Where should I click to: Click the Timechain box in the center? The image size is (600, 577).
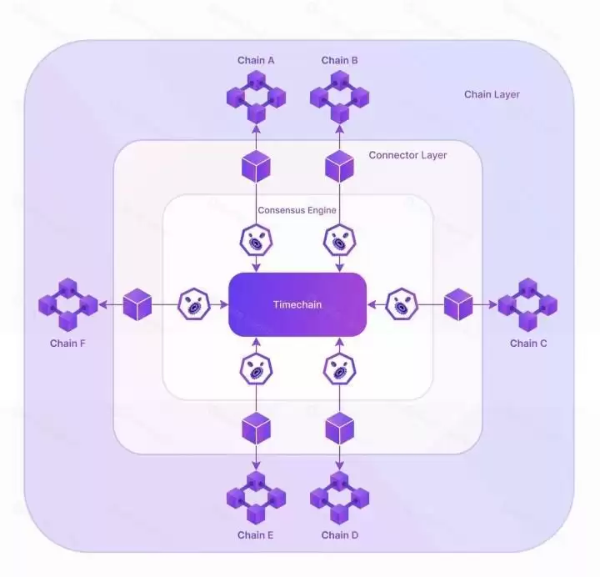[x=297, y=304]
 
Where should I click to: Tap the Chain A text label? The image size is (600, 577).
[x=256, y=60]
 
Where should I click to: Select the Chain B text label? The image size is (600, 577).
[x=340, y=60]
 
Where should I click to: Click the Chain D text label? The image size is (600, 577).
[x=340, y=534]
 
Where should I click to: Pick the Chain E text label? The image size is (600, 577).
[x=256, y=534]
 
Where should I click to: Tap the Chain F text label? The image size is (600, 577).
[x=67, y=343]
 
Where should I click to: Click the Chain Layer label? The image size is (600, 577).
[x=492, y=94]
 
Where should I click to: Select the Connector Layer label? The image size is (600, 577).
[x=407, y=155]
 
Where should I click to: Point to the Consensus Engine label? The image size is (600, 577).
[x=297, y=210]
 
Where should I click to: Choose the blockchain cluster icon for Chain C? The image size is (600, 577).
[x=527, y=305]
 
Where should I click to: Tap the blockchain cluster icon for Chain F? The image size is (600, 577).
[x=67, y=305]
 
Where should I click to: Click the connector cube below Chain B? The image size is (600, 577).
[x=339, y=167]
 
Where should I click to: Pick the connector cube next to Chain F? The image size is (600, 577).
[x=137, y=305]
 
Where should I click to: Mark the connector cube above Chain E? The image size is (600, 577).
[x=256, y=429]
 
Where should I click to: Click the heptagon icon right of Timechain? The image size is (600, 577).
[x=403, y=304]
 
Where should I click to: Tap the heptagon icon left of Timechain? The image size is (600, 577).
[x=192, y=304]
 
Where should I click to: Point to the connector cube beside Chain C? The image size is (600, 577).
[x=458, y=305]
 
